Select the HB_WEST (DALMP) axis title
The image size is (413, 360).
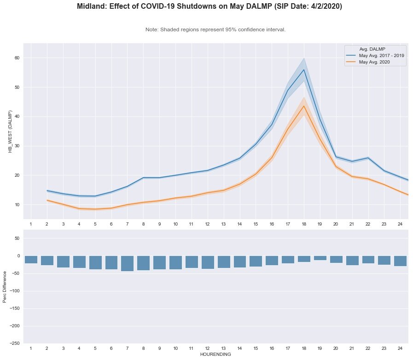pos(10,131)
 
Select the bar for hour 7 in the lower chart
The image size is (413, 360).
pos(127,263)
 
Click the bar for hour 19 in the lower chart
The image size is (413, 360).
pos(320,258)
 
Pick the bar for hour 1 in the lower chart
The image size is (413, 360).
pos(31,260)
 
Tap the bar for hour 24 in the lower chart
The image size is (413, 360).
pos(400,261)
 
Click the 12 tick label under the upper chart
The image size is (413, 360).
pos(207,224)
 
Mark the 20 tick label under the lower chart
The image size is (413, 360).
pos(336,348)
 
